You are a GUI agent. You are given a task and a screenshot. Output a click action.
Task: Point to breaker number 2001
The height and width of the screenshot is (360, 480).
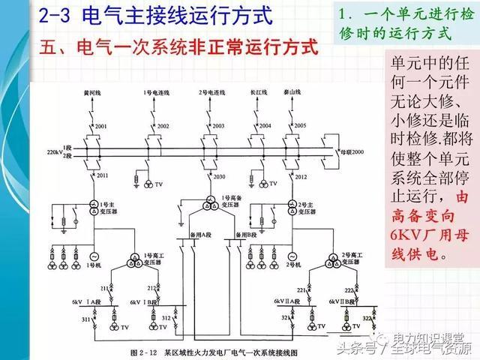point(103,125)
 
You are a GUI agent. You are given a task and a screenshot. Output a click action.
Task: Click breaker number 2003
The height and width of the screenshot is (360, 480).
point(218,125)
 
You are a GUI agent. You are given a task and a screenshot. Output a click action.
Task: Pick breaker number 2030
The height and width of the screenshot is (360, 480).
point(219,176)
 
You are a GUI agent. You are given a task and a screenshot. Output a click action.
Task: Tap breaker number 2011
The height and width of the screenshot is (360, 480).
point(103,175)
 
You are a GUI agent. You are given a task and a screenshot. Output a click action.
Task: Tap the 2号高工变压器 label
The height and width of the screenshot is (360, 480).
point(349,262)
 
